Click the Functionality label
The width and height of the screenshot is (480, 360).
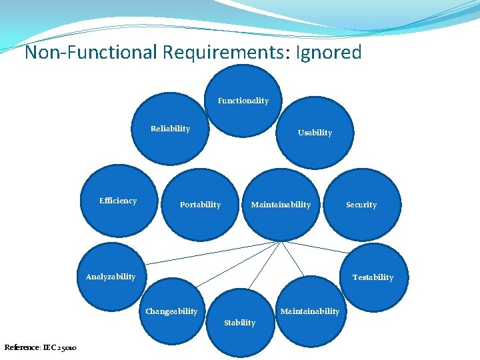pyautogui.click(x=243, y=101)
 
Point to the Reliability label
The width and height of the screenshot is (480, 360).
pyautogui.click(x=170, y=129)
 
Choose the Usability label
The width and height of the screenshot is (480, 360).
pyautogui.click(x=315, y=133)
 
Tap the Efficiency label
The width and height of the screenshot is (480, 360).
pyautogui.click(x=118, y=201)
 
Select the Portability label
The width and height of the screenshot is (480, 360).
pyautogui.click(x=200, y=205)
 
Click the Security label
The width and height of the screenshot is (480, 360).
pyautogui.click(x=361, y=205)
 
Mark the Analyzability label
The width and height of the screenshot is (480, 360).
pyautogui.click(x=111, y=277)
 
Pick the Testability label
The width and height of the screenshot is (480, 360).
pyautogui.click(x=373, y=277)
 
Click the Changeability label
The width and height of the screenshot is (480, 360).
pyautogui.click(x=172, y=311)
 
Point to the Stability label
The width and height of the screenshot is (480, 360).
pyautogui.click(x=239, y=323)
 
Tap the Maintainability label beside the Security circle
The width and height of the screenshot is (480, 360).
pyautogui.click(x=281, y=205)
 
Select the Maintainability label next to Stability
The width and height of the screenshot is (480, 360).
pyautogui.click(x=310, y=311)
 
